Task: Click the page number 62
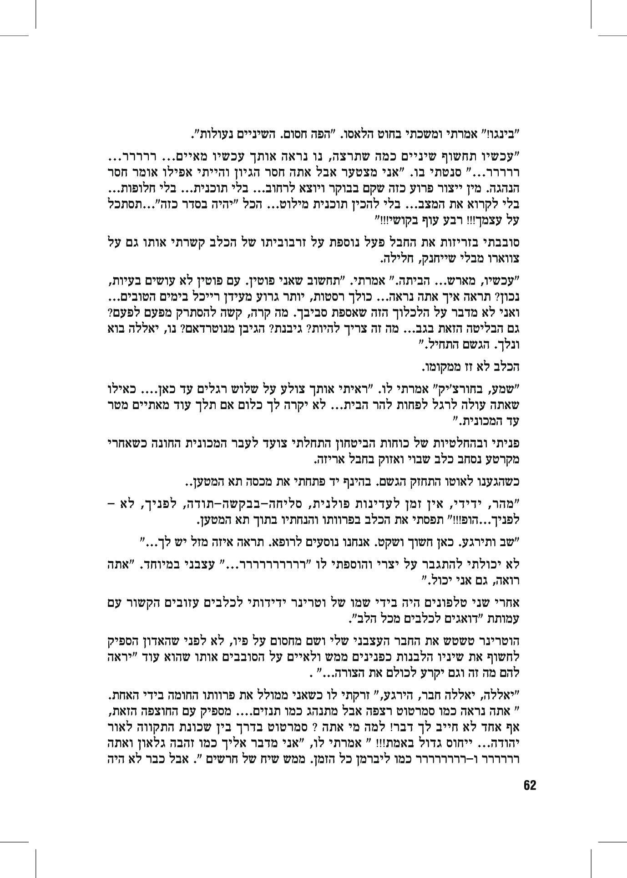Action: pos(531,785)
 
